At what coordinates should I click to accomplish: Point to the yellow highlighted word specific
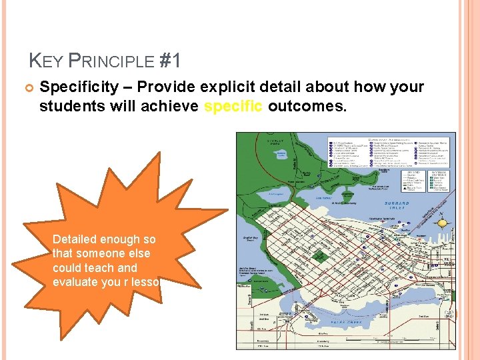click(x=235, y=106)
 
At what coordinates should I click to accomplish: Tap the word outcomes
click(x=307, y=106)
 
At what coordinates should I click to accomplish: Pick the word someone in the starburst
click(x=101, y=253)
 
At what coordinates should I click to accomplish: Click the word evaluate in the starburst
click(x=76, y=283)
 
